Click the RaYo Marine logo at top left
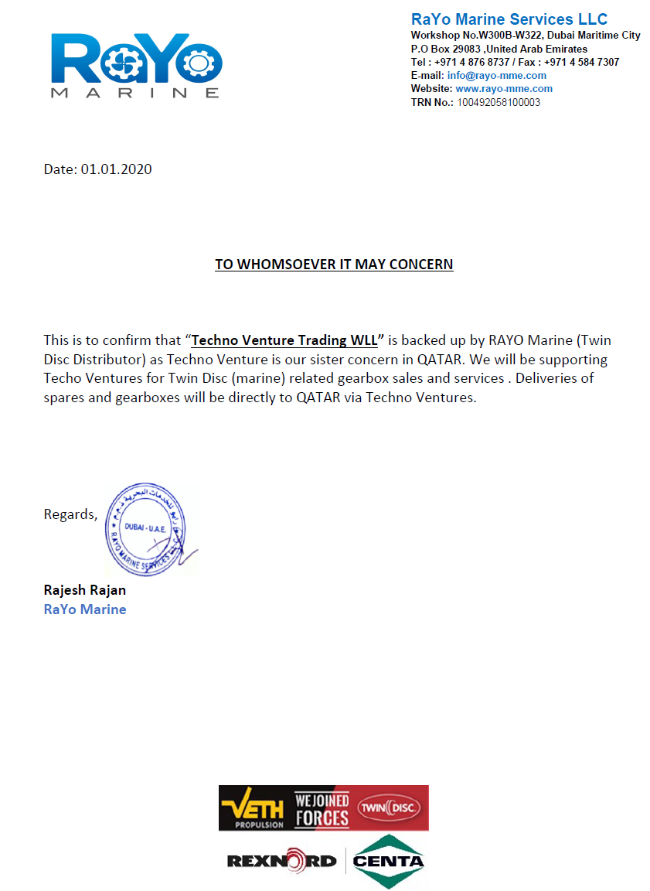(136, 66)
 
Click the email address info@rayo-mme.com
(496, 76)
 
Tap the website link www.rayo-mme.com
(504, 89)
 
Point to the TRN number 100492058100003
(499, 102)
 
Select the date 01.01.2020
(116, 169)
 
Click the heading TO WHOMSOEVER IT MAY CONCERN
(334, 265)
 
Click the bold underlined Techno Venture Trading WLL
(288, 340)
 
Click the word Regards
(70, 515)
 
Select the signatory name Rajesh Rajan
(84, 590)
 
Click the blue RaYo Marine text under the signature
(84, 609)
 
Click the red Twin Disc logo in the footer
(390, 808)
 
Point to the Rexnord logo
(281, 861)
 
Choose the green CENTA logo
(390, 861)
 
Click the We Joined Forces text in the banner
(322, 808)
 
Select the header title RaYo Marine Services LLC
(509, 20)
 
